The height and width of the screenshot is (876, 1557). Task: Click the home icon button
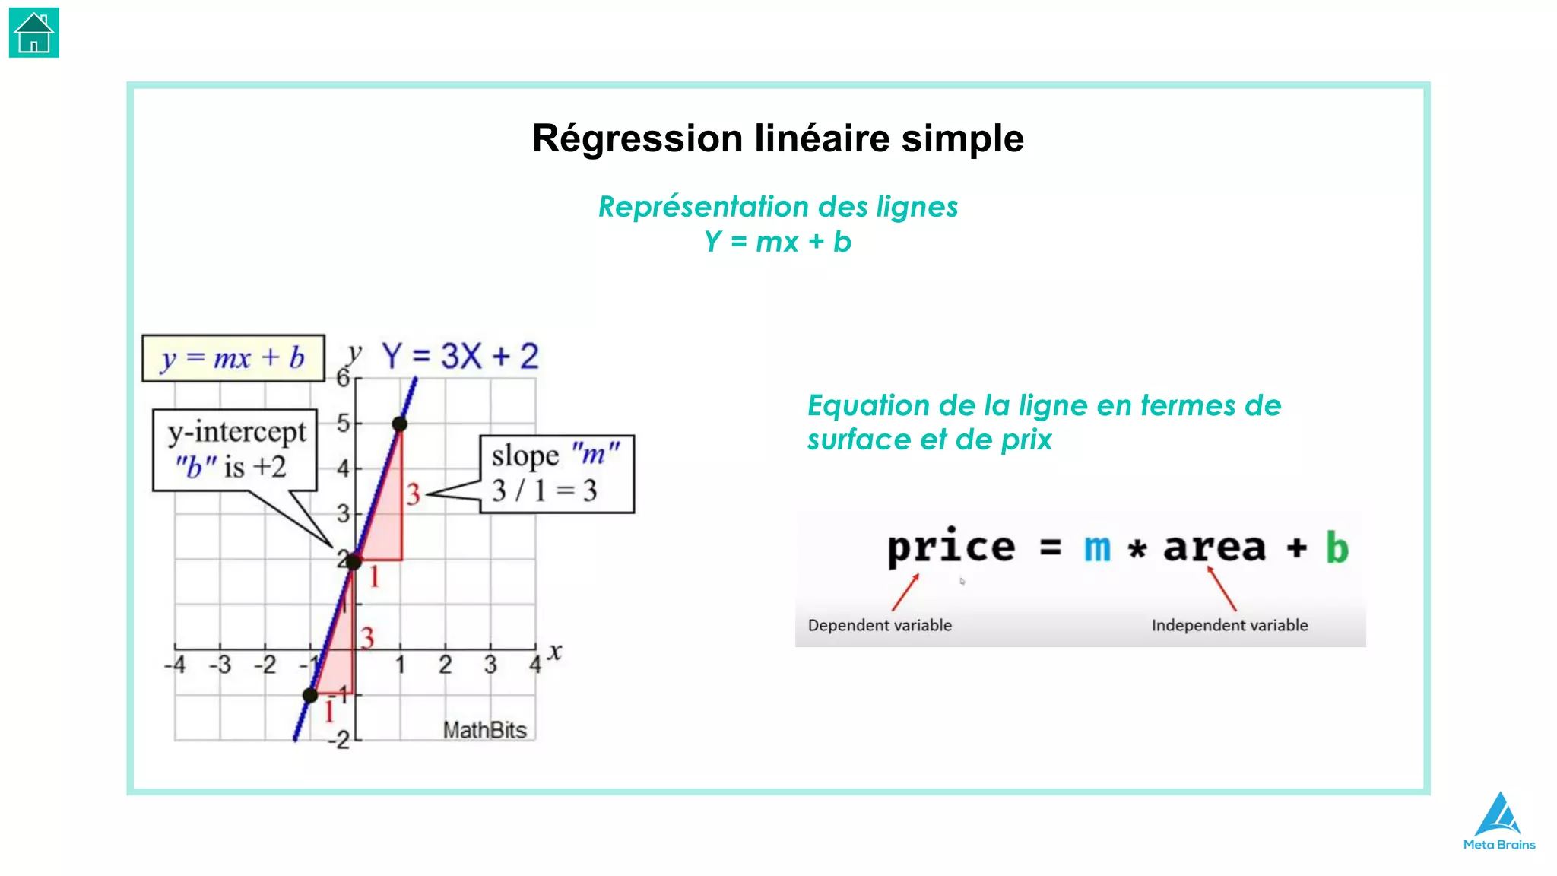[33, 33]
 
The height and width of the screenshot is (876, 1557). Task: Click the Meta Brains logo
[1498, 820]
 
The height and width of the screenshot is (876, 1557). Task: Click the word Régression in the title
[637, 138]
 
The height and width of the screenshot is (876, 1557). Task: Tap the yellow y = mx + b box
[233, 357]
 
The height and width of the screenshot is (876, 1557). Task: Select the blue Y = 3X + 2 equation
[460, 356]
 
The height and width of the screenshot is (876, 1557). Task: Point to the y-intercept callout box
[235, 450]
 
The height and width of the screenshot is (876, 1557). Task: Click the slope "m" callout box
[557, 474]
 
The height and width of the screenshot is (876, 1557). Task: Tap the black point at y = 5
[400, 424]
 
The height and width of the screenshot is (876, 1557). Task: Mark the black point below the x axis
[310, 695]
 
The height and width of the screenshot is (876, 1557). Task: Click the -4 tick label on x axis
[175, 665]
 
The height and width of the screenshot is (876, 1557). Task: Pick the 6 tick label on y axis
[343, 378]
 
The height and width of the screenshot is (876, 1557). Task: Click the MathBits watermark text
[484, 730]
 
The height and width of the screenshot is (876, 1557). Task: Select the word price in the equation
[950, 547]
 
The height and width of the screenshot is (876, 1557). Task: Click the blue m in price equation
[1096, 547]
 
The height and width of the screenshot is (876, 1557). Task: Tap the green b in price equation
[1337, 547]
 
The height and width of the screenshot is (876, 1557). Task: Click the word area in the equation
[1214, 547]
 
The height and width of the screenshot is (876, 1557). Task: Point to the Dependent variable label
[880, 625]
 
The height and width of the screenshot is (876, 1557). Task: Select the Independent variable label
[1229, 625]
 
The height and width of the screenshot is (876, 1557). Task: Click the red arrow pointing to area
[1222, 589]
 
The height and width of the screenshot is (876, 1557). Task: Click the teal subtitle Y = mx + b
[777, 242]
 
